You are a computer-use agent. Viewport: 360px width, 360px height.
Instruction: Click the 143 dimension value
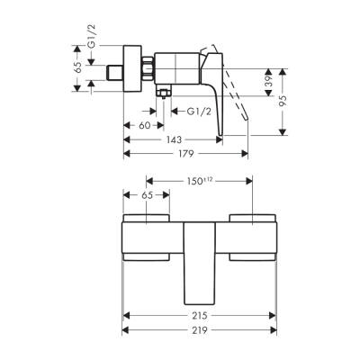(x=171, y=140)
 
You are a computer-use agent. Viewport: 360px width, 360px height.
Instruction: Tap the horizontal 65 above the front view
(x=146, y=195)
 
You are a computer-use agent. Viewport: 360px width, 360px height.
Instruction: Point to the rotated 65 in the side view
(x=78, y=66)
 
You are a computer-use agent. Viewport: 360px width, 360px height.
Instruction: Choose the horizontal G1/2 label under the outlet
(x=199, y=112)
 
